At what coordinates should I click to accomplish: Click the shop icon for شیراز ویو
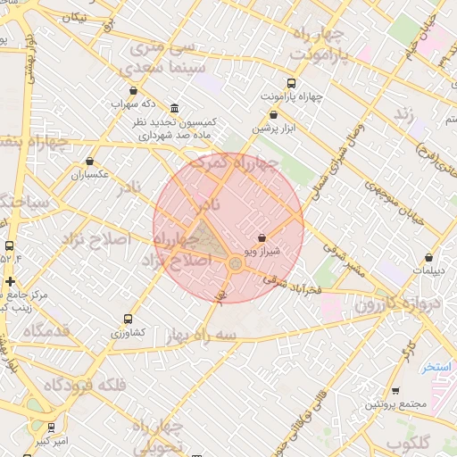click(x=262, y=238)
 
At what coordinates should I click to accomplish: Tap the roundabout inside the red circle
click(x=235, y=263)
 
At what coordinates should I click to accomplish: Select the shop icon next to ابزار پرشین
click(x=273, y=114)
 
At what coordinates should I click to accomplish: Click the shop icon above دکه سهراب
click(x=134, y=90)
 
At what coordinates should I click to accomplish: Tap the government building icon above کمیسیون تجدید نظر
click(x=174, y=107)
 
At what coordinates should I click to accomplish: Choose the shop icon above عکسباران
click(x=89, y=162)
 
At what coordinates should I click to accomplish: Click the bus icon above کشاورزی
click(x=129, y=318)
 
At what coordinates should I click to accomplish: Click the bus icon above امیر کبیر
click(x=51, y=427)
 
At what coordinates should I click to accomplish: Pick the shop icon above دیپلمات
click(x=429, y=257)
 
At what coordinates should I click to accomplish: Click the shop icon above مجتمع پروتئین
click(x=395, y=391)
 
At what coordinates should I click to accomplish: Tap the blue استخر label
click(x=438, y=367)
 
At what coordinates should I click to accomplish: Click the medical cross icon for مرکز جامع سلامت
click(x=11, y=281)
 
